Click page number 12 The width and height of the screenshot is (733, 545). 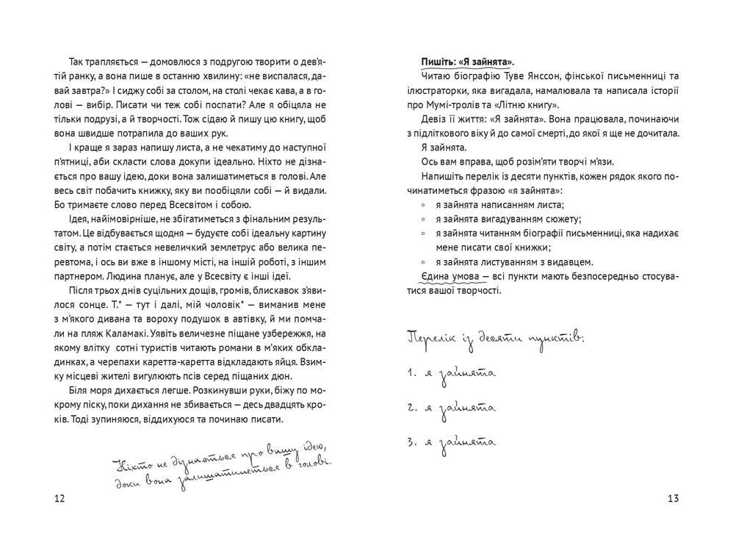(60, 499)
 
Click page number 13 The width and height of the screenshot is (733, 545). (673, 499)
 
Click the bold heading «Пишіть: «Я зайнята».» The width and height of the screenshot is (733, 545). (468, 62)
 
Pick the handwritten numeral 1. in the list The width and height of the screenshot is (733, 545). (411, 373)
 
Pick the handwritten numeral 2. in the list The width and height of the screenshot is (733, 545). (411, 408)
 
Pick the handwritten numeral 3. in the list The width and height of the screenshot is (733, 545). (411, 442)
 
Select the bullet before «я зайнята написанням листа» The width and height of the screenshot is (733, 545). (424, 205)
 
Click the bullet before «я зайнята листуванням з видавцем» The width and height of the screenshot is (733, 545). (424, 261)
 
